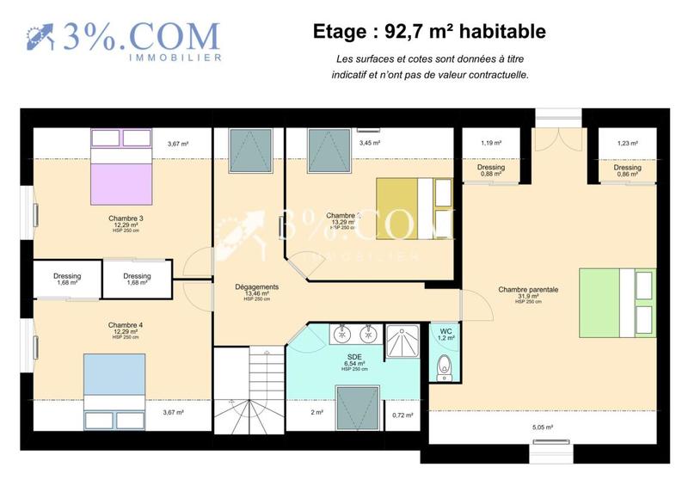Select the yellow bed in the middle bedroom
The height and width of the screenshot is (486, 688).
coord(414,208)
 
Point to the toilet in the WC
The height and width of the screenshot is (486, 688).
coord(445,367)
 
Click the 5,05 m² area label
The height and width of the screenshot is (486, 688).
coord(543,427)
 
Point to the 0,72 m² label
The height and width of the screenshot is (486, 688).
coord(402,415)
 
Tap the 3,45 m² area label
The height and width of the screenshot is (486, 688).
coord(370,143)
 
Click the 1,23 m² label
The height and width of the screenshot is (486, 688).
coord(628,144)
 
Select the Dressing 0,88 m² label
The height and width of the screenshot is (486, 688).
coord(491,170)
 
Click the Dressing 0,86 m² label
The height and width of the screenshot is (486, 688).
coord(628,170)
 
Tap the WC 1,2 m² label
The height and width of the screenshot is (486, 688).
coord(445,334)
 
